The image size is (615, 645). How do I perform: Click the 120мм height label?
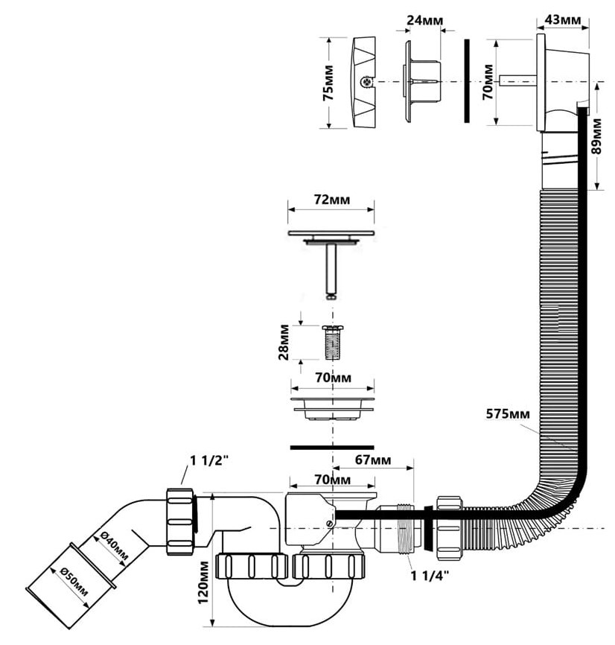[x=203, y=585]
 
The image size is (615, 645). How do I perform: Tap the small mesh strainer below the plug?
[x=332, y=344]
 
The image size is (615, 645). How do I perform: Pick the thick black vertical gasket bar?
[x=466, y=81]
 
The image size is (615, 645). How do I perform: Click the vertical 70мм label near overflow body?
[x=488, y=83]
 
